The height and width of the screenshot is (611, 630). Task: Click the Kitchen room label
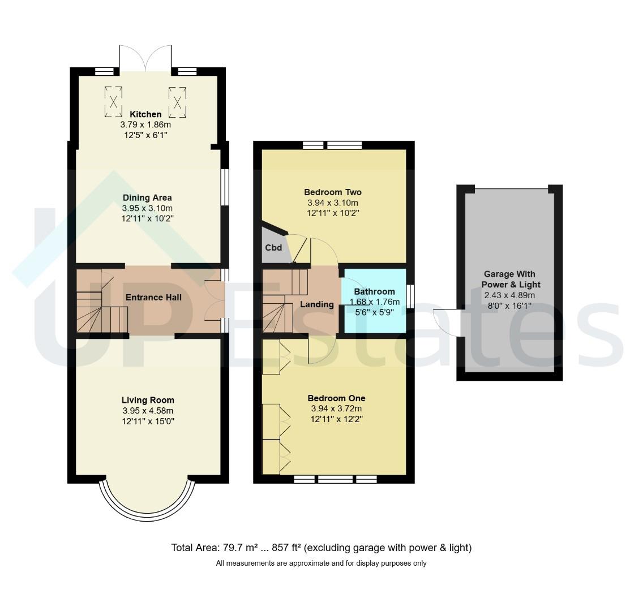point(145,114)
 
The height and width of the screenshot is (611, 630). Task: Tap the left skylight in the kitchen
point(113,102)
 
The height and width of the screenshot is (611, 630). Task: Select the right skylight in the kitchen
point(177,102)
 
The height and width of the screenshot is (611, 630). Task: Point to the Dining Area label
point(147,197)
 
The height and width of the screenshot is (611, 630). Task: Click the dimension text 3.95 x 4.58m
point(148,411)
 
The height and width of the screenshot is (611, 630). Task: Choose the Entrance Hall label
point(153,298)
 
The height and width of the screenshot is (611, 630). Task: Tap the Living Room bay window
point(147,500)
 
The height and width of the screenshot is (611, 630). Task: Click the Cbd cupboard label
point(273,248)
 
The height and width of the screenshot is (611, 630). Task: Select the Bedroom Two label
point(333,192)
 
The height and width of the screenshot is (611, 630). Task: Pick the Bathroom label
point(375,292)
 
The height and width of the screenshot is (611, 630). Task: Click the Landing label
point(317,304)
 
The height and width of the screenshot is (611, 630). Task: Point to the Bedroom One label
point(336,398)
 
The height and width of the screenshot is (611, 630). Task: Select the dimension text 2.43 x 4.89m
point(509,295)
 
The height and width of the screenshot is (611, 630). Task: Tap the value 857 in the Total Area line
point(280,548)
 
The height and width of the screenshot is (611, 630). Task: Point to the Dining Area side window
point(225,187)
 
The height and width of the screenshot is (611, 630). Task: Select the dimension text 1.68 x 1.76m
point(375,302)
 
